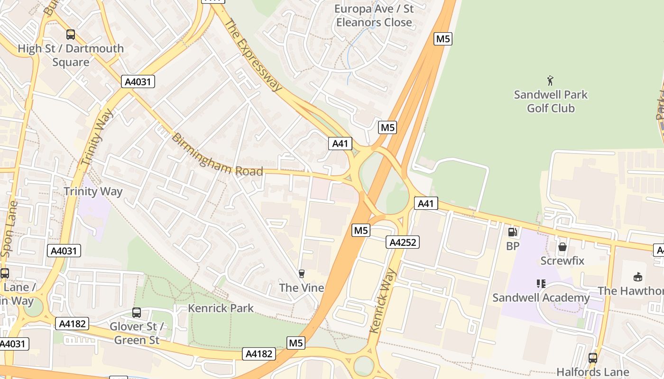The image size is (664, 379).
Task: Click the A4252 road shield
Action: coord(403,242)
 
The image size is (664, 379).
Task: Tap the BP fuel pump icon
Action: coord(512,232)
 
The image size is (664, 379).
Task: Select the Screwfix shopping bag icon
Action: coord(563,247)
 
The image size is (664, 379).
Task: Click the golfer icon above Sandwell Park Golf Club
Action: coord(550,80)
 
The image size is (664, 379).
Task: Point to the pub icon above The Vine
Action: coord(301,273)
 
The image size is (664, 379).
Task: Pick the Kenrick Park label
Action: coord(221,308)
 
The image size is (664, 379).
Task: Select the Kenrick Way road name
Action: coord(382,300)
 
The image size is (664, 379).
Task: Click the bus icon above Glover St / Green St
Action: coord(137,313)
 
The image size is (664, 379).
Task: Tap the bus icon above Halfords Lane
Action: coord(592,358)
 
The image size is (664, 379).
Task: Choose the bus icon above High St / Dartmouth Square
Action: coord(70,35)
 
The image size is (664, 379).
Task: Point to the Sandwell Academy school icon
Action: coord(541,284)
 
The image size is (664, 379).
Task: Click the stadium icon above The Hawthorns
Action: coord(638,277)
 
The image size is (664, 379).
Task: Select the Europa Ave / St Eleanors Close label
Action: coord(374,16)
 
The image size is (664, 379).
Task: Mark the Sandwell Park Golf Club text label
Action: coord(551,101)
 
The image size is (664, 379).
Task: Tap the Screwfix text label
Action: coord(563,261)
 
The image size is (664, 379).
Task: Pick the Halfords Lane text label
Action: coord(592,372)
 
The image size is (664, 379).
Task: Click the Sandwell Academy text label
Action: coord(541,298)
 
